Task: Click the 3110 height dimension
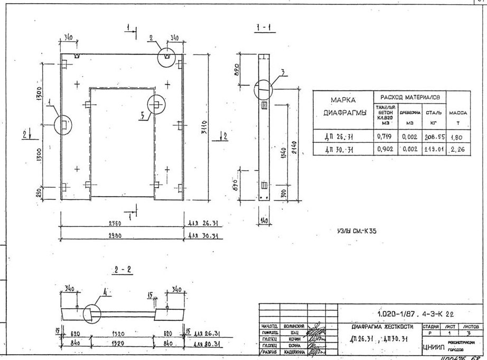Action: (203, 127)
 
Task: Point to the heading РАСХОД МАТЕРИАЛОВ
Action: (409, 97)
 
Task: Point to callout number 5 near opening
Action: (142, 117)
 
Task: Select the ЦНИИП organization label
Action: (434, 346)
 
